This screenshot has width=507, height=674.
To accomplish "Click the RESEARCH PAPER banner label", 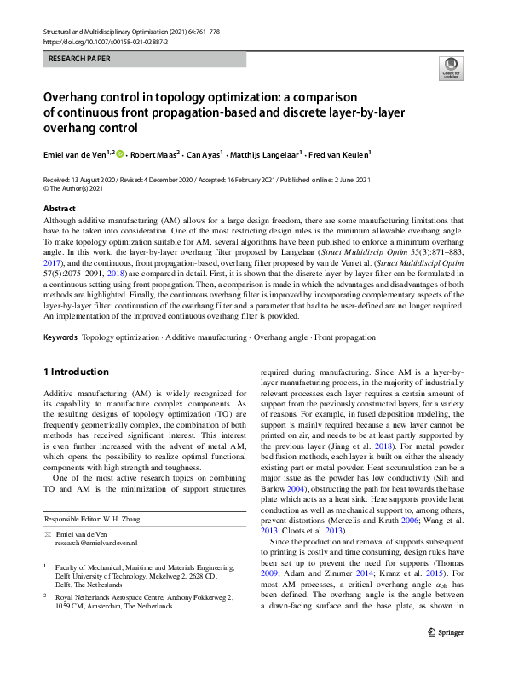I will (x=78, y=60).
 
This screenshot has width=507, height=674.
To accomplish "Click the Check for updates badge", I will (x=449, y=68).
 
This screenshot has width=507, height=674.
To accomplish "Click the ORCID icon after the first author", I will (x=119, y=154).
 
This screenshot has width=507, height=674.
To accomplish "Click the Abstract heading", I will (x=59, y=208).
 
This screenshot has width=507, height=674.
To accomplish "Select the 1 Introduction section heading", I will (x=76, y=372).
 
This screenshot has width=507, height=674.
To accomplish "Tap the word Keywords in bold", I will (x=61, y=337).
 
